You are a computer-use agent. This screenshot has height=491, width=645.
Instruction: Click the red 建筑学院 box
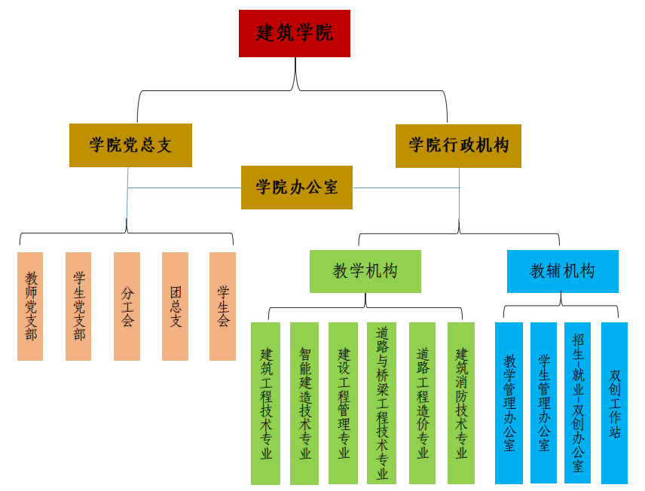(295, 33)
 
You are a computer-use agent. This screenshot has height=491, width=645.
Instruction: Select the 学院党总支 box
(130, 145)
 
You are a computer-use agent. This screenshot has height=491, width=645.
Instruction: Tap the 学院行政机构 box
(458, 145)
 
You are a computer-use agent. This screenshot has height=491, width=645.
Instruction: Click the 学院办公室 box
(297, 187)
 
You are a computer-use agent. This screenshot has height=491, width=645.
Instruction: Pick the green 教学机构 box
(365, 271)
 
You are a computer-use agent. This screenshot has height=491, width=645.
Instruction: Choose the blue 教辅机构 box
(562, 271)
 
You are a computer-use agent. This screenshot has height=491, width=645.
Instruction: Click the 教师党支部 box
(30, 306)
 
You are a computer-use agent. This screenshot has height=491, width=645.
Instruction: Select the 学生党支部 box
(78, 306)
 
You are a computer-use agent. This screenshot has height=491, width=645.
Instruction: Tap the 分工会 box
(127, 306)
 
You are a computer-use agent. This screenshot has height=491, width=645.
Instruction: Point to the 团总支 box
(175, 306)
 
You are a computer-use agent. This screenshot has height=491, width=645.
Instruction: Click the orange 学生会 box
(222, 306)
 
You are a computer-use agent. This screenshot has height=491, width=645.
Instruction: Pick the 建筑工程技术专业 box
(265, 403)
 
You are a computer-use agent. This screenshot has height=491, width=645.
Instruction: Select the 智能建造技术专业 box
(304, 403)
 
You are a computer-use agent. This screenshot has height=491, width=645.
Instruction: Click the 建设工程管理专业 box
(343, 403)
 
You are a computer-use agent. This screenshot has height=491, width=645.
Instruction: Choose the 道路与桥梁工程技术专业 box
(381, 403)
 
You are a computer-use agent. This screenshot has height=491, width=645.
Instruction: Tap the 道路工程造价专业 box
(422, 403)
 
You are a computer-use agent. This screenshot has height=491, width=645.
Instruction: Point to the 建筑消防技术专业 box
(461, 403)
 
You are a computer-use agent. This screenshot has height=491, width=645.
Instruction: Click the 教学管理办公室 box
(509, 403)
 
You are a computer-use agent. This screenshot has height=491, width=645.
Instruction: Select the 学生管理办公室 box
(543, 403)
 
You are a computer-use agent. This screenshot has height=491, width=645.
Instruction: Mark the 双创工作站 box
(614, 403)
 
